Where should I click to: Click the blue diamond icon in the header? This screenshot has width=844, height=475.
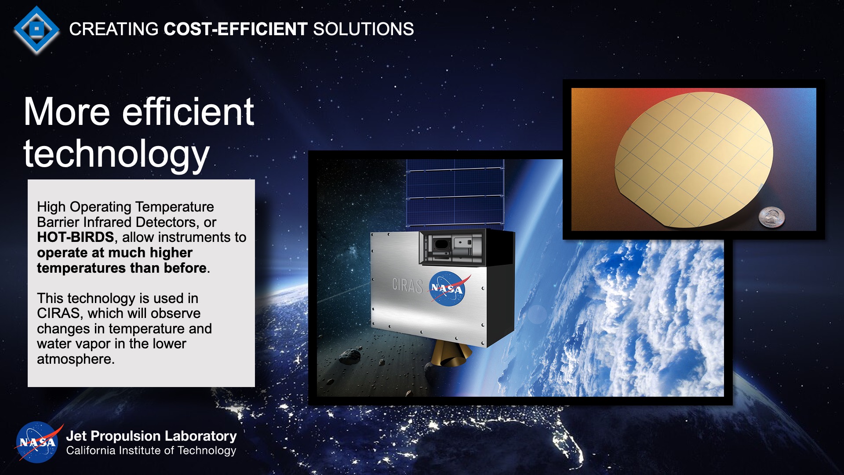[36, 29]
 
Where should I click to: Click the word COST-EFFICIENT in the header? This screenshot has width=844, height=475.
[235, 29]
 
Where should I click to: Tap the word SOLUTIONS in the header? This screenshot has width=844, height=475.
[363, 29]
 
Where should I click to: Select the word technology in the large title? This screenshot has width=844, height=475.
[116, 154]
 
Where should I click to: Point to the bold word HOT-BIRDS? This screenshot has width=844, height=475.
[75, 237]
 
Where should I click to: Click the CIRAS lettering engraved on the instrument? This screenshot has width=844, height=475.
[407, 285]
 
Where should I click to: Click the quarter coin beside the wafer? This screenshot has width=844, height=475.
[771, 217]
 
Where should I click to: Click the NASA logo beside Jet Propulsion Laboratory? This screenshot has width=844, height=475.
[37, 442]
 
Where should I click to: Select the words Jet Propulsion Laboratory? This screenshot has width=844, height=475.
[151, 436]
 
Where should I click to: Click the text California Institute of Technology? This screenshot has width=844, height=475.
[151, 451]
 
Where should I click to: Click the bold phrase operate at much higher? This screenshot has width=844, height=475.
[114, 253]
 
